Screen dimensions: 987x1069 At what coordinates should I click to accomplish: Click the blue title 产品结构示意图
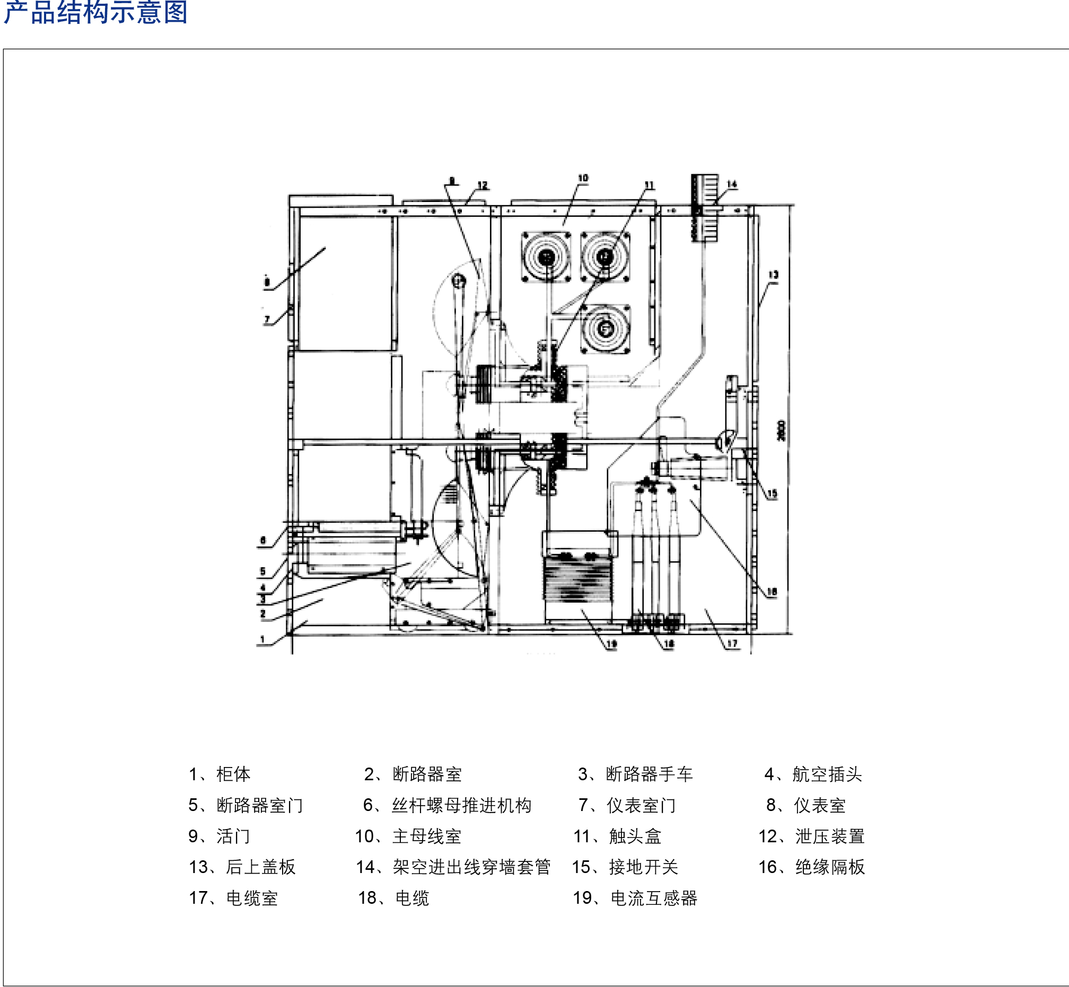96,13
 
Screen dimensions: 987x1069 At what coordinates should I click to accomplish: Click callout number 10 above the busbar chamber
583,178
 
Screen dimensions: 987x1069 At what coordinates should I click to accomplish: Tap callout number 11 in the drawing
649,186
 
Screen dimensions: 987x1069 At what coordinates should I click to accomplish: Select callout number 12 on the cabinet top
483,186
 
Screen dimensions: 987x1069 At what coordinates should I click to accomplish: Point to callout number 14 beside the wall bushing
732,184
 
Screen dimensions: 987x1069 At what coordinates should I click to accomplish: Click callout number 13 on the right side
773,275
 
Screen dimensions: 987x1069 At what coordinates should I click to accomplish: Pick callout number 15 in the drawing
773,493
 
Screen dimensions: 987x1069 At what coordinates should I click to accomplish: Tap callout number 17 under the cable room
732,644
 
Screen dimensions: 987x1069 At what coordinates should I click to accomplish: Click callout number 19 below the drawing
612,644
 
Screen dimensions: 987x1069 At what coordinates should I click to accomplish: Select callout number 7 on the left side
267,320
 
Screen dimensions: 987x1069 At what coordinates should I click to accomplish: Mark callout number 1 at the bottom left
262,639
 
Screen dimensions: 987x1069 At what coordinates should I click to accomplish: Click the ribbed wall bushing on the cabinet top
705,207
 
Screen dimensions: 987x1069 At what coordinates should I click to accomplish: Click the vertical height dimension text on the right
782,430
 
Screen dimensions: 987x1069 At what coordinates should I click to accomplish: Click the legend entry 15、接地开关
625,867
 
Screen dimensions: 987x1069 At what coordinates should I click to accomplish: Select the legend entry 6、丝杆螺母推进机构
447,805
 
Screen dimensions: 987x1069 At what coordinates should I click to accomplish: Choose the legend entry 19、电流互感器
635,898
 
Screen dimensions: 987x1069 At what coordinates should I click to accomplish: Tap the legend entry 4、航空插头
812,774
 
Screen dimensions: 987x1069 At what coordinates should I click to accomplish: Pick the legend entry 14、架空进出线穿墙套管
453,867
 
